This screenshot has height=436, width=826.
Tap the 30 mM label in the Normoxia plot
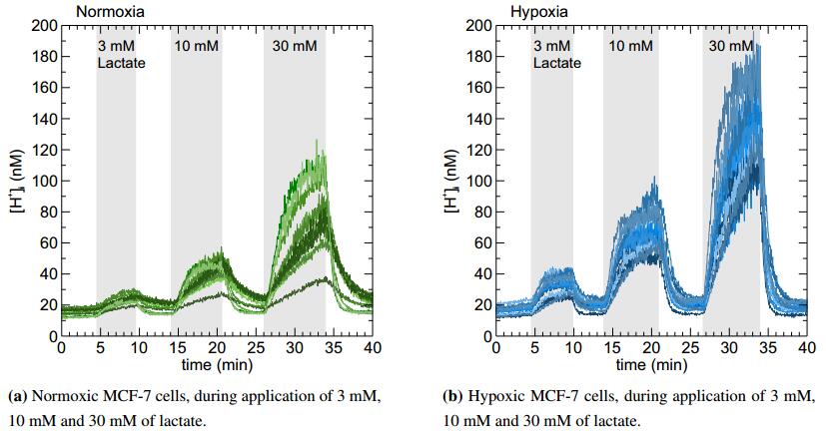click(x=295, y=47)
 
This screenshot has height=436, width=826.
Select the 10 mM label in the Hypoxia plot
click(x=631, y=47)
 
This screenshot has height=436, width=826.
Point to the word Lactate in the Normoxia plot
click(x=122, y=64)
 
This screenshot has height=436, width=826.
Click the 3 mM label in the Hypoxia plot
click(x=551, y=47)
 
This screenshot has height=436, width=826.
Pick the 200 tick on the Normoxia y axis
click(x=44, y=25)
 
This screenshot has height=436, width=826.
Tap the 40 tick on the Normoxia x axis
click(x=371, y=349)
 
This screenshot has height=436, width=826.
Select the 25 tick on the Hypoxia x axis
click(x=688, y=349)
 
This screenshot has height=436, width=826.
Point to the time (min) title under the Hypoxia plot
click(x=650, y=364)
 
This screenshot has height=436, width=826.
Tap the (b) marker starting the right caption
click(x=451, y=396)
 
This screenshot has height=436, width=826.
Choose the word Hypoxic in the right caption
click(x=494, y=396)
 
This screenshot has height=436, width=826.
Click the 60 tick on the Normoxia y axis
click(x=48, y=243)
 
